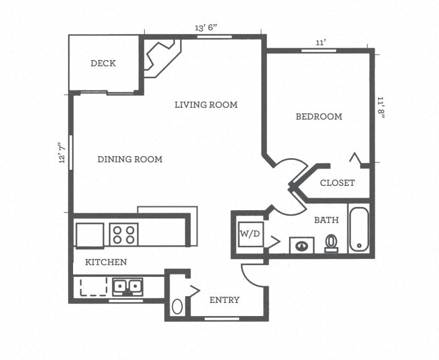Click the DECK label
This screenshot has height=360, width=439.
[103, 63]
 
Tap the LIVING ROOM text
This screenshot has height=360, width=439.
[206, 105]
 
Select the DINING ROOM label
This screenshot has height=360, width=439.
[129, 159]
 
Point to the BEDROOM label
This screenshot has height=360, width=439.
[318, 116]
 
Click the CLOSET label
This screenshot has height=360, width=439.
[337, 183]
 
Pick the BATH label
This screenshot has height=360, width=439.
[326, 220]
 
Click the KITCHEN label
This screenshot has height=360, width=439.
[106, 262]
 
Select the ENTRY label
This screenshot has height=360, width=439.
[224, 300]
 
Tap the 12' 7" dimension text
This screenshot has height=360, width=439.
[62, 152]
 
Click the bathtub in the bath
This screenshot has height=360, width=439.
[359, 229]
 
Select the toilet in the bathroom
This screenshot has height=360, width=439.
[331, 243]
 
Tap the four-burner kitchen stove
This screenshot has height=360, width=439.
[123, 235]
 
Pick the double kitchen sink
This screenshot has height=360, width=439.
[128, 287]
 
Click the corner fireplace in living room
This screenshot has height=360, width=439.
[160, 55]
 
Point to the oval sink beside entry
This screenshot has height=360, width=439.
[178, 306]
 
